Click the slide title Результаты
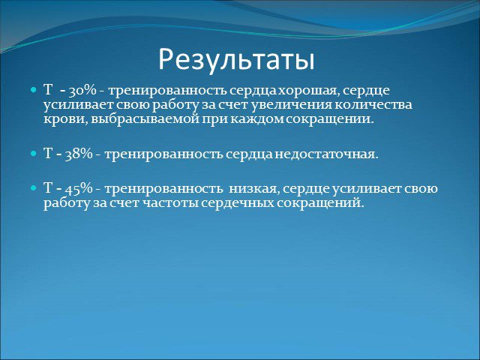tap(236, 60)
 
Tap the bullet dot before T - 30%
tap(34, 90)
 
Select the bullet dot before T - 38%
tap(34, 154)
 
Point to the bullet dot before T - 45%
tap(34, 188)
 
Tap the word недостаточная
tap(326, 154)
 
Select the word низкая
tap(253, 189)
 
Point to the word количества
tap(373, 105)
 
